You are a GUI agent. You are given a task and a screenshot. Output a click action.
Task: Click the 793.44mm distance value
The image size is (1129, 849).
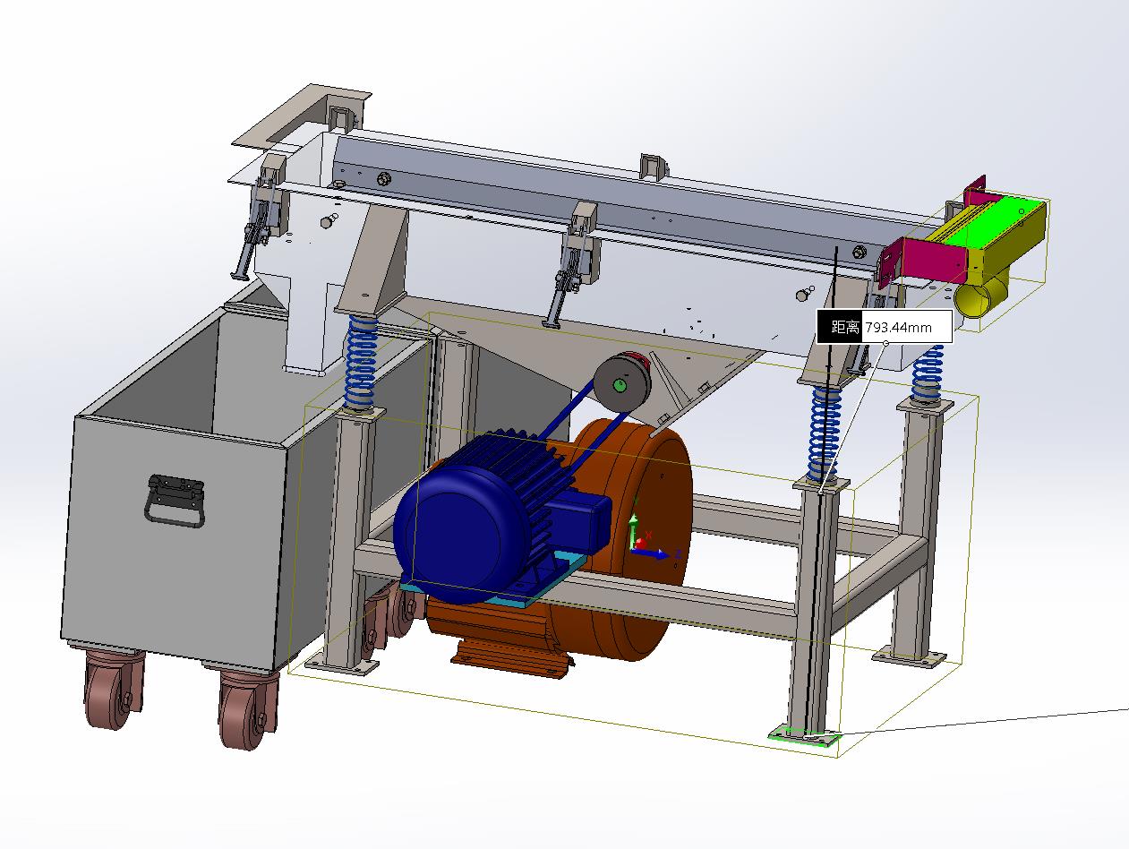[x=898, y=327]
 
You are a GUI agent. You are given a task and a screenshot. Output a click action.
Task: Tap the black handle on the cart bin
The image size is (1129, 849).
[x=175, y=501]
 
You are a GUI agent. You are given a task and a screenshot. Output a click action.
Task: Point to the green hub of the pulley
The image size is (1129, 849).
[x=620, y=385]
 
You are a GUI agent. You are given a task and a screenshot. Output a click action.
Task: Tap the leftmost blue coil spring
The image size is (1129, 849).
[x=362, y=362]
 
